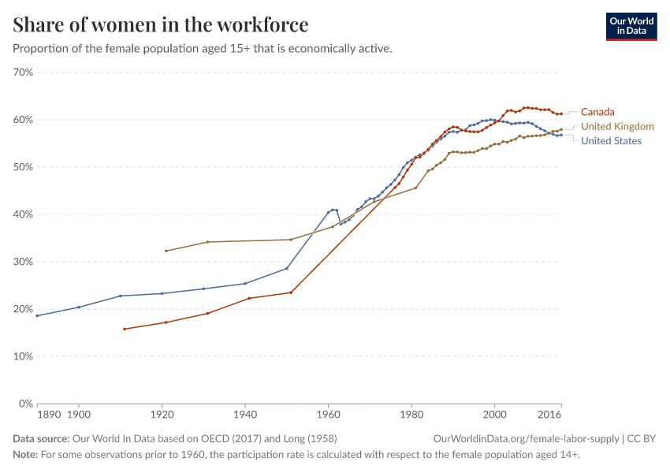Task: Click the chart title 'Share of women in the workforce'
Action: pyautogui.click(x=161, y=25)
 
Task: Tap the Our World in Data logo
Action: pyautogui.click(x=631, y=26)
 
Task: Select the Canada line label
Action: pyautogui.click(x=597, y=112)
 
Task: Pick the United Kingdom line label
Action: pyautogui.click(x=617, y=126)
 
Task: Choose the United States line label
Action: pyautogui.click(x=611, y=141)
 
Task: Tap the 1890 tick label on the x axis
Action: pyautogui.click(x=49, y=413)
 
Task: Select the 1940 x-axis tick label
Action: pyautogui.click(x=245, y=413)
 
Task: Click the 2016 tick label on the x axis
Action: pyautogui.click(x=549, y=413)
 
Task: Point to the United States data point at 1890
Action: pyautogui.click(x=37, y=315)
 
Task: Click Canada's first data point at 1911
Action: pyautogui.click(x=125, y=329)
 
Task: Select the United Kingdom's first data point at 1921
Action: pyautogui.click(x=166, y=251)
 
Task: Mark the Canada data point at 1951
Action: pyautogui.click(x=291, y=292)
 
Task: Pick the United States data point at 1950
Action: pyautogui.click(x=287, y=268)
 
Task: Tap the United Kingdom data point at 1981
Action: pyautogui.click(x=415, y=188)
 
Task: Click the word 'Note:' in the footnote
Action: pyautogui.click(x=26, y=455)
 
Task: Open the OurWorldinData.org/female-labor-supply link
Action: pyautogui.click(x=526, y=438)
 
